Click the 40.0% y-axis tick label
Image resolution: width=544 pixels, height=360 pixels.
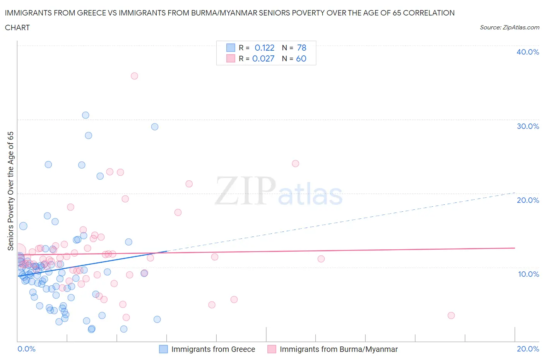pyautogui.click(x=527, y=52)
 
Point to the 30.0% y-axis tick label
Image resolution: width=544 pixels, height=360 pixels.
pyautogui.click(x=527, y=126)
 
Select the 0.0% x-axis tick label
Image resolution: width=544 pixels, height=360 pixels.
pyautogui.click(x=26, y=349)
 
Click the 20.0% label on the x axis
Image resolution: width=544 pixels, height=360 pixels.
pyautogui.click(x=528, y=349)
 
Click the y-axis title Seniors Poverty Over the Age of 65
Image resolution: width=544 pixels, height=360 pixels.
pyautogui.click(x=11, y=191)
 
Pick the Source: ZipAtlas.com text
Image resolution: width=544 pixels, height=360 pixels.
pyautogui.click(x=509, y=27)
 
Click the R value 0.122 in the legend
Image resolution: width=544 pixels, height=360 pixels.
pyautogui.click(x=264, y=48)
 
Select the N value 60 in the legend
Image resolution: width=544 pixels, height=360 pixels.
pyautogui.click(x=301, y=58)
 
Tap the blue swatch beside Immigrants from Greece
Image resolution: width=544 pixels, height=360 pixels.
pyautogui.click(x=164, y=349)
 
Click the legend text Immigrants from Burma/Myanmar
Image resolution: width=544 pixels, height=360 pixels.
pyautogui.click(x=339, y=349)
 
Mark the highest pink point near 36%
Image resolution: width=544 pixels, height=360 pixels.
pyautogui.click(x=134, y=76)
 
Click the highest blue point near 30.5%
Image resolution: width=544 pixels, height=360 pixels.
pyautogui.click(x=86, y=115)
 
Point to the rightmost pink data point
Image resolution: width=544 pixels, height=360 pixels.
pyautogui.click(x=451, y=315)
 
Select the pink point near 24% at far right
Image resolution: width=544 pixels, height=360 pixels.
pyautogui.click(x=296, y=163)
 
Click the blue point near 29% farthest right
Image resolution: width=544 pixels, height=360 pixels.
pyautogui.click(x=155, y=127)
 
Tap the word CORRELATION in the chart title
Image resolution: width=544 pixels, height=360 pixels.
pyautogui.click(x=429, y=13)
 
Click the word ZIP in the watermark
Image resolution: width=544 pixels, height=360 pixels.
pyautogui.click(x=245, y=191)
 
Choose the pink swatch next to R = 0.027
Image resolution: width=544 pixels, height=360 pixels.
pyautogui.click(x=231, y=58)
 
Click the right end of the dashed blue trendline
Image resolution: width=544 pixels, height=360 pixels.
pyautogui.click(x=515, y=192)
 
